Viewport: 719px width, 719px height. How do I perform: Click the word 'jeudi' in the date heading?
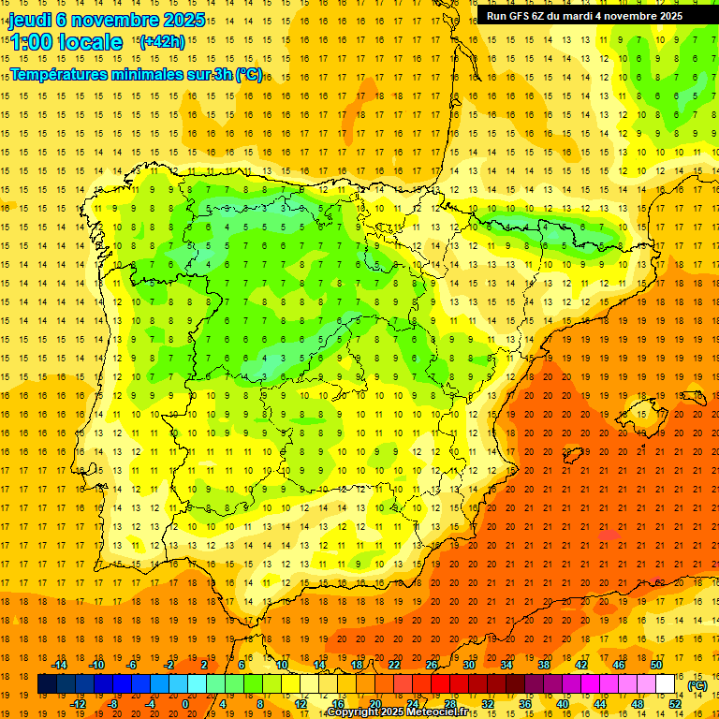pos(30,20)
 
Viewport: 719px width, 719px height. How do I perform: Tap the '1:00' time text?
pos(31,42)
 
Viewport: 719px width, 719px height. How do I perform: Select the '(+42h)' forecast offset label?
pos(162,41)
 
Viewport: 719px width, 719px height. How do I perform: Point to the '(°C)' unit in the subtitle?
pos(249,74)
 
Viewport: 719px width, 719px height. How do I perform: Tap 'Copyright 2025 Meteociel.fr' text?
pos(397,712)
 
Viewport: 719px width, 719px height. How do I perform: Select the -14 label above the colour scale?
pos(59,665)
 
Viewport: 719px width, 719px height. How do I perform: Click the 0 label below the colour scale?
pos(185,703)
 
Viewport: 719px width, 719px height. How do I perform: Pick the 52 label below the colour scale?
pos(675,703)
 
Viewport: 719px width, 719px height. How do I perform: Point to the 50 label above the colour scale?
pos(656,665)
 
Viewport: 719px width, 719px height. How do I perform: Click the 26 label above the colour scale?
pos(432,665)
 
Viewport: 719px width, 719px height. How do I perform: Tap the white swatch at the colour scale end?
pos(666,684)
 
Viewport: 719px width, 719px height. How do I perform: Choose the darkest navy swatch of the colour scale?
pos(47,684)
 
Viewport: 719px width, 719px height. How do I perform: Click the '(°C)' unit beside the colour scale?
pos(697,685)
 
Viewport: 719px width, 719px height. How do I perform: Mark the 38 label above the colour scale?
pos(544,665)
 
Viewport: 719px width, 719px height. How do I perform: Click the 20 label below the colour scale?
pos(374,703)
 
